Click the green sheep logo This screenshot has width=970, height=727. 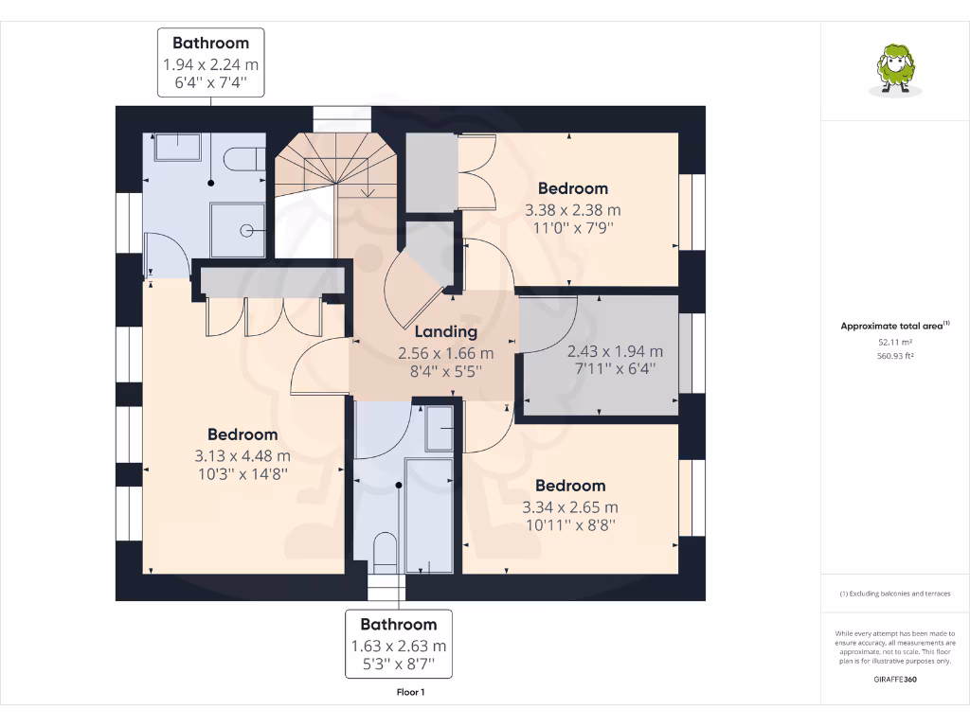click(x=895, y=70)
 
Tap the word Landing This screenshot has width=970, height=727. click(x=445, y=332)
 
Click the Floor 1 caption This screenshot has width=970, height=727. click(x=411, y=692)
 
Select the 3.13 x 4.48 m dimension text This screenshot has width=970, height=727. click(x=242, y=456)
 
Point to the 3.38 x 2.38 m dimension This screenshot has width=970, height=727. click(x=573, y=210)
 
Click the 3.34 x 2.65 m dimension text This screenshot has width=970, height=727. click(x=569, y=507)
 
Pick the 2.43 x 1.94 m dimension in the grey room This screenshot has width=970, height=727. click(x=615, y=351)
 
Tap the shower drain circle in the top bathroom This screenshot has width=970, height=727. click(x=246, y=231)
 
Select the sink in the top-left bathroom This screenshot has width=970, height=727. click(x=177, y=147)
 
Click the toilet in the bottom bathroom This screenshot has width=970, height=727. click(x=385, y=552)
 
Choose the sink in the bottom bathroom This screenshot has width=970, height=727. click(x=440, y=429)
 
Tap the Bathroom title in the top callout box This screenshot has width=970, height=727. click(x=211, y=43)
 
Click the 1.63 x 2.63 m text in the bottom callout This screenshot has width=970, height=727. click(x=399, y=646)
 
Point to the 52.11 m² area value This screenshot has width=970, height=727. click(x=895, y=342)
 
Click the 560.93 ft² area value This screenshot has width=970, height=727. click(x=895, y=356)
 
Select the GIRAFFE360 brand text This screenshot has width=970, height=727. click(x=895, y=680)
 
